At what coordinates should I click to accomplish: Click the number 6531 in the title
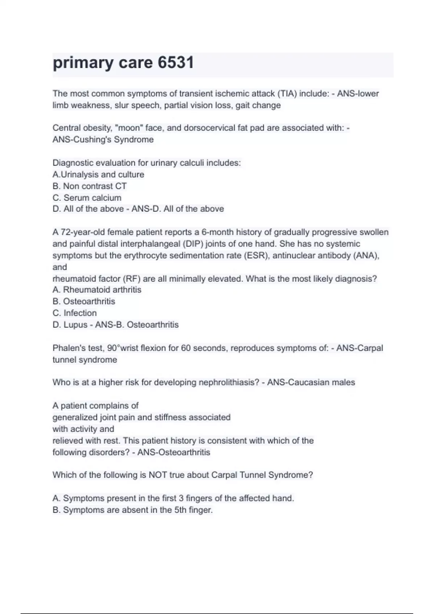tap(176, 62)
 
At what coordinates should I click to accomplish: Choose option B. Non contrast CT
tap(90, 186)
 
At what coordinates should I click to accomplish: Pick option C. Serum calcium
tap(87, 198)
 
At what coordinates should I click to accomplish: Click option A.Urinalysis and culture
tap(98, 174)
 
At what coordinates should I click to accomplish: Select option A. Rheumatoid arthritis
tap(97, 290)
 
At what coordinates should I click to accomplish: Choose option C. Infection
tap(75, 313)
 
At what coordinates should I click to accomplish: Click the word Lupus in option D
tap(76, 325)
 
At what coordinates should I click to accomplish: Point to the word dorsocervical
tap(210, 128)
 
